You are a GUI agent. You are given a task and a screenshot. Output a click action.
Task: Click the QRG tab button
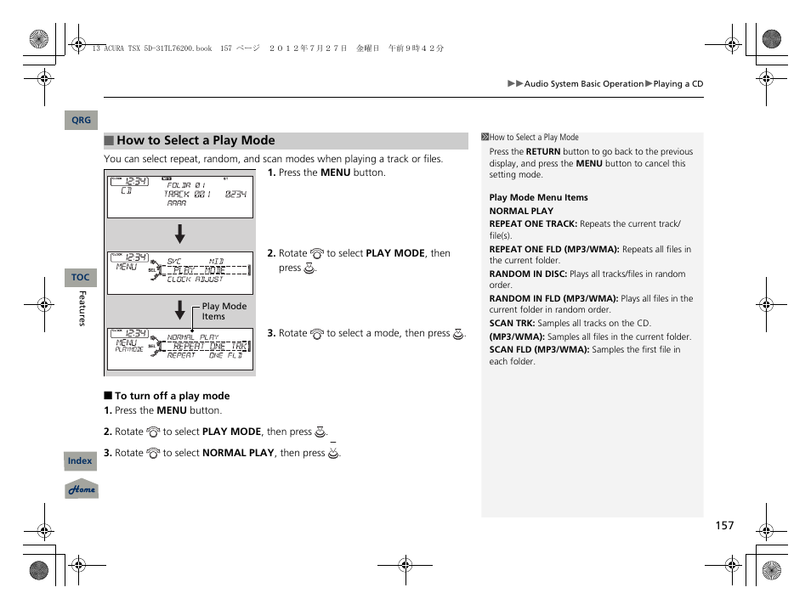pos(81,121)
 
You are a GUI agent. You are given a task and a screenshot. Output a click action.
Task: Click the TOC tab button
pos(80,278)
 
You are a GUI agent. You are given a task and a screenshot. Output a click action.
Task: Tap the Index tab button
pos(80,461)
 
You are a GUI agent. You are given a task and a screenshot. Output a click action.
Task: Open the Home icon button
pos(82,489)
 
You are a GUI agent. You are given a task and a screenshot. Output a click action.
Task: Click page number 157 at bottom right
pos(723,526)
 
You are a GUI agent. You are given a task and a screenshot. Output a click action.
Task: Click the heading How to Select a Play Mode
pos(196,141)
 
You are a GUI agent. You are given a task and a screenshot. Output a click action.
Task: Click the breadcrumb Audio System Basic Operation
pos(583,84)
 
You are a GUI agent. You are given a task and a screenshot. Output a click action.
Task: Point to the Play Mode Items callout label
pos(224,311)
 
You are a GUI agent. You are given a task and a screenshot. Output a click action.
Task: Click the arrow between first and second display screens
pos(179,234)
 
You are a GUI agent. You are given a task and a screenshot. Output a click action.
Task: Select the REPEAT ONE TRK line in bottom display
pos(209,347)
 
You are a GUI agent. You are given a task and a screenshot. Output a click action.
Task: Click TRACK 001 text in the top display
pos(188,195)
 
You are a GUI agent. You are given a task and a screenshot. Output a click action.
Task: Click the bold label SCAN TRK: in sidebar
pos(512,324)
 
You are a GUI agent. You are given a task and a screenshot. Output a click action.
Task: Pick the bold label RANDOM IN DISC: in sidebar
pos(528,274)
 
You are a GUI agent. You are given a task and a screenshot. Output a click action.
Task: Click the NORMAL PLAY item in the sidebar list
pos(521,212)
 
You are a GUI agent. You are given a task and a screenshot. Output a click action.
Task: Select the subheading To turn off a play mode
pos(172,396)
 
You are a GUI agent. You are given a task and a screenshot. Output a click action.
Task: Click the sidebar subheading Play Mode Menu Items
pos(538,198)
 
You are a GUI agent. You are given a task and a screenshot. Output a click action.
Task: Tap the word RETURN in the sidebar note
pos(542,152)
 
